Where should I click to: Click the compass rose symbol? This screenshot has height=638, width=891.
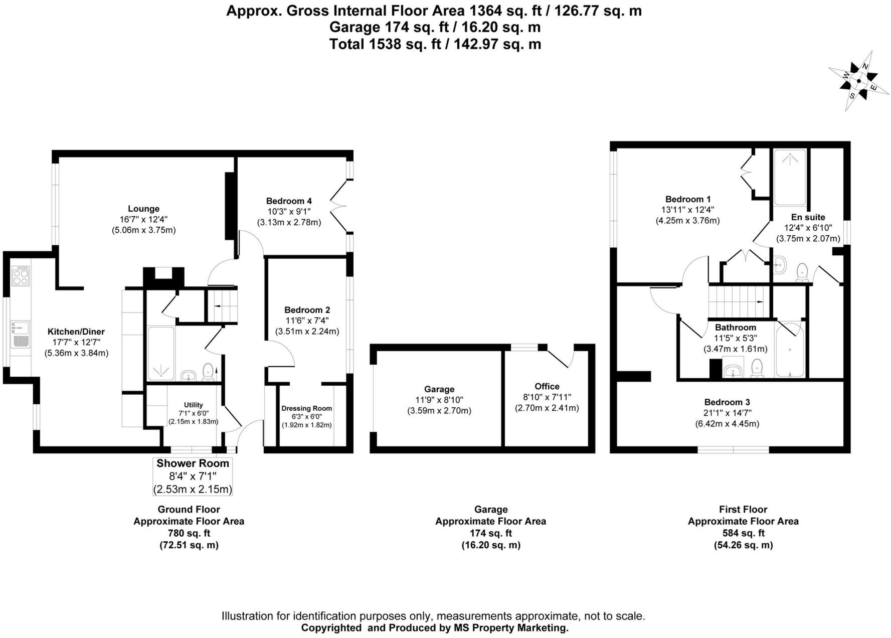859,81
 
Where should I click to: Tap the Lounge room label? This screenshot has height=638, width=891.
143,209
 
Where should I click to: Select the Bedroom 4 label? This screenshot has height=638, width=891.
289,201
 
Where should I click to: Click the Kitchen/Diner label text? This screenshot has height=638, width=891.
76,332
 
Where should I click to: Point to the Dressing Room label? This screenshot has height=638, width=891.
306,408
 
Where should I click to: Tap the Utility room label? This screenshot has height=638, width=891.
193,405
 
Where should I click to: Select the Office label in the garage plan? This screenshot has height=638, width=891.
547,386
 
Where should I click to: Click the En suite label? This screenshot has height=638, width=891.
808,217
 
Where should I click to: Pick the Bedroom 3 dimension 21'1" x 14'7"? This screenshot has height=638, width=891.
727,413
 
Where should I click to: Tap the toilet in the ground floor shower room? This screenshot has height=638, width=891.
208,373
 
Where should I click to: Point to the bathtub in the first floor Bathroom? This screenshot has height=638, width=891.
790,349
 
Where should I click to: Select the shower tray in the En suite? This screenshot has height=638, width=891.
790,178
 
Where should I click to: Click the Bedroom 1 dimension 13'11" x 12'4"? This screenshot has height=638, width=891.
687,210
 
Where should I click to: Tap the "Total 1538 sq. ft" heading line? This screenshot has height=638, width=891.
435,44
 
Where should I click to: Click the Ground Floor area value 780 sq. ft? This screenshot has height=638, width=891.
189,533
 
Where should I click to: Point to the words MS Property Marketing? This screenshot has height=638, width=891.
510,627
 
